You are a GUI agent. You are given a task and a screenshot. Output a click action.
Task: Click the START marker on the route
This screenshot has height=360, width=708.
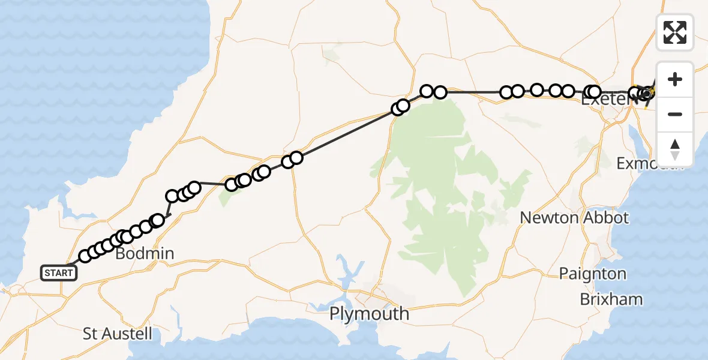[59, 273]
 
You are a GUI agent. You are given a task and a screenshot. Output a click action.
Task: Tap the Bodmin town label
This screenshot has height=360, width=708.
[144, 254]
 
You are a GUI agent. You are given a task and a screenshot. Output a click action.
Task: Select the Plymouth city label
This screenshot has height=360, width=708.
[369, 314]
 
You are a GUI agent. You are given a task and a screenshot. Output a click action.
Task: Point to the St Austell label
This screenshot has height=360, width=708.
[118, 334]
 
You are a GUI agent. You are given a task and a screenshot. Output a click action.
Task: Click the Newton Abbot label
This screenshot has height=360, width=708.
[574, 218]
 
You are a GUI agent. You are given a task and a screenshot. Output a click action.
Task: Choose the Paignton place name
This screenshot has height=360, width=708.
[593, 274]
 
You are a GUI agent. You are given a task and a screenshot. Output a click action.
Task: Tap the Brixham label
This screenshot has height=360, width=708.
[611, 299]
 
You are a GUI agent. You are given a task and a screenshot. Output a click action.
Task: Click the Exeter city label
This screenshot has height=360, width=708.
[608, 100]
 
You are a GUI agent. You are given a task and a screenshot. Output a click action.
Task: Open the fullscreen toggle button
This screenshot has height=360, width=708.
[675, 32]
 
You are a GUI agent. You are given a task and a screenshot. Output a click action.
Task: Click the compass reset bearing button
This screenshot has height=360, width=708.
[675, 149]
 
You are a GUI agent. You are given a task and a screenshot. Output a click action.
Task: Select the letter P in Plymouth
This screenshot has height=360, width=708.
[335, 314]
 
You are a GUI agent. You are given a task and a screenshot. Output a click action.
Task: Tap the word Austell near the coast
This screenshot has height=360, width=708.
[127, 334]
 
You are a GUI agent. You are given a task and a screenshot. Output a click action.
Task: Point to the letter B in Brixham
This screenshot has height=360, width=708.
[584, 299]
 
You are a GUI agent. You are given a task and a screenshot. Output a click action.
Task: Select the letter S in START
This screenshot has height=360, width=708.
[47, 274]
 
